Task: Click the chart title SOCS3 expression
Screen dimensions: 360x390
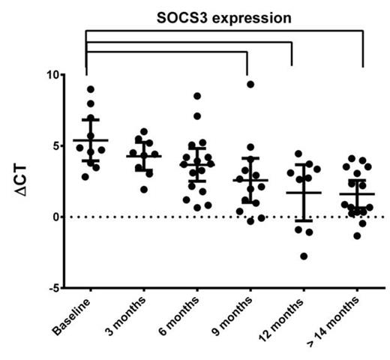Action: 225,17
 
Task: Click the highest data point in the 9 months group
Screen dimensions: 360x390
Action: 250,84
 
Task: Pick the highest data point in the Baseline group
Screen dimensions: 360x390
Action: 90,89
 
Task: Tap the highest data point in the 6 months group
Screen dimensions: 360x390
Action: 196,96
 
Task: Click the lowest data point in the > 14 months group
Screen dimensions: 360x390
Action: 357,235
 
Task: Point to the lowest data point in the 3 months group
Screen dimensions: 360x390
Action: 144,189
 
